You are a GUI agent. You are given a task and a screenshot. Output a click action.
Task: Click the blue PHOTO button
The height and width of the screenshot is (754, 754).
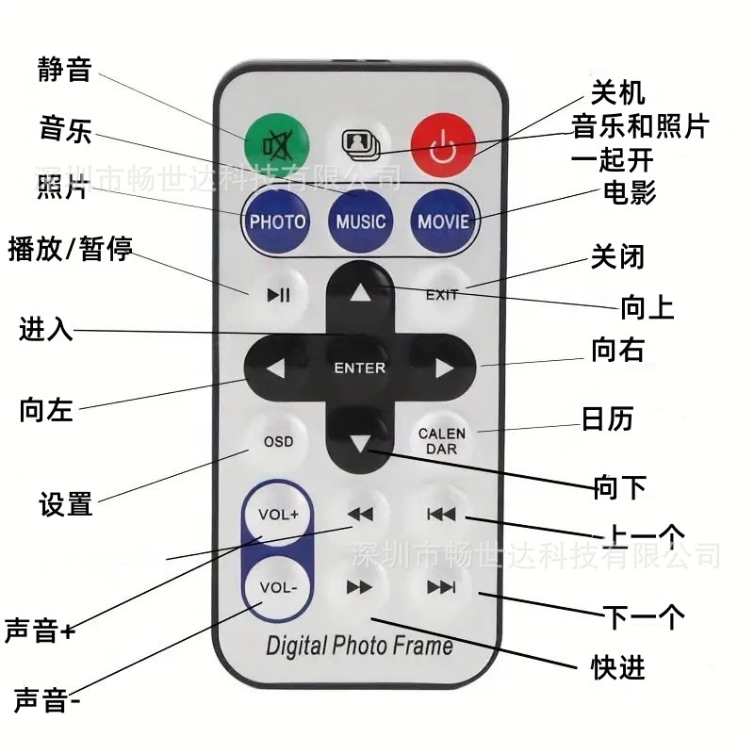[277, 221]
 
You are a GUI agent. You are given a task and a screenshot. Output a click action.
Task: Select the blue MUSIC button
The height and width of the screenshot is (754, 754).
[360, 221]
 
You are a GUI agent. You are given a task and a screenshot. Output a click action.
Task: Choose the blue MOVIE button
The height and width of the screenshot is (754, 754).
[443, 221]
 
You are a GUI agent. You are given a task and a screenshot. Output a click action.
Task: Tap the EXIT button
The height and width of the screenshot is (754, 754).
[442, 294]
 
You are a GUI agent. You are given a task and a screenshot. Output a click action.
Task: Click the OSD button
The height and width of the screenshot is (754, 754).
[278, 441]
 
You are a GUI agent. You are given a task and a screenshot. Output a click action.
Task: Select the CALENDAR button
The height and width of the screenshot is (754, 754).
[442, 441]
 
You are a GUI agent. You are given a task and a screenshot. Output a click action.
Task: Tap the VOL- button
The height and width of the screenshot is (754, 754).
[278, 588]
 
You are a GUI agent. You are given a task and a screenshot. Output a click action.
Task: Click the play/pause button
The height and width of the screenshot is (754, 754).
[278, 294]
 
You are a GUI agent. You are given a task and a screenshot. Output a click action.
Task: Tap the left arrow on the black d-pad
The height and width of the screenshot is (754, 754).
[275, 369]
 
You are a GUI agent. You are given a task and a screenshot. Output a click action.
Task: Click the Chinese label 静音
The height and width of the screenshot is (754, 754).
[64, 70]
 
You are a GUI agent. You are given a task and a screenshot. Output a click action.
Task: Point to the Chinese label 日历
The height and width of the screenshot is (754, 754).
[607, 418]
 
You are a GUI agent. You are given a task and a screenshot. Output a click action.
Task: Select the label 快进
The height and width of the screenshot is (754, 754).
[618, 667]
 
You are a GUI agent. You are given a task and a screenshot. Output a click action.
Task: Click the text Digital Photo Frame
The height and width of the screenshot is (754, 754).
[359, 646]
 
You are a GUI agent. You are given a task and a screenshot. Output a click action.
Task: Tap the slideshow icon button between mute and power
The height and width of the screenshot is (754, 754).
[359, 143]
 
